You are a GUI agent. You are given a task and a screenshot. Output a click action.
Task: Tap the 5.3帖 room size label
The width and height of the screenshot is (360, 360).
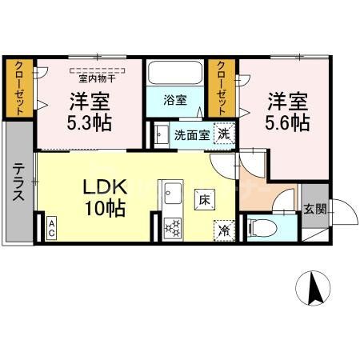(90, 124)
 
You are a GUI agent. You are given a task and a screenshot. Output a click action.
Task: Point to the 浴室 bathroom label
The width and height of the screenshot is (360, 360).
(176, 101)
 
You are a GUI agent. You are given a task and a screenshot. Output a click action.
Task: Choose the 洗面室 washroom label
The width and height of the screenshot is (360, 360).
(192, 134)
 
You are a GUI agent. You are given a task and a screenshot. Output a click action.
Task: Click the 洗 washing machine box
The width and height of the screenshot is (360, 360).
(226, 134)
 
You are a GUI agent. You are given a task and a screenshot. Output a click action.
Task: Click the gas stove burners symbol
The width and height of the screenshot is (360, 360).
(172, 227)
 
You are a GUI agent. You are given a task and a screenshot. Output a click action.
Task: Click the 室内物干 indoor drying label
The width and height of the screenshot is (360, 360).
(97, 78)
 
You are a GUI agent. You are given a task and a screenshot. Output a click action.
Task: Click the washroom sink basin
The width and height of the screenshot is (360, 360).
(161, 134)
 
